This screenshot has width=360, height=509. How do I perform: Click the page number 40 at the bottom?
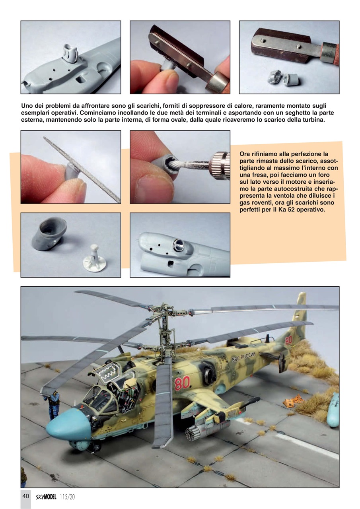25,496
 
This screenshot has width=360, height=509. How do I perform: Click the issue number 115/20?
67,496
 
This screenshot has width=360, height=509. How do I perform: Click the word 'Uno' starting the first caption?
27,107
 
